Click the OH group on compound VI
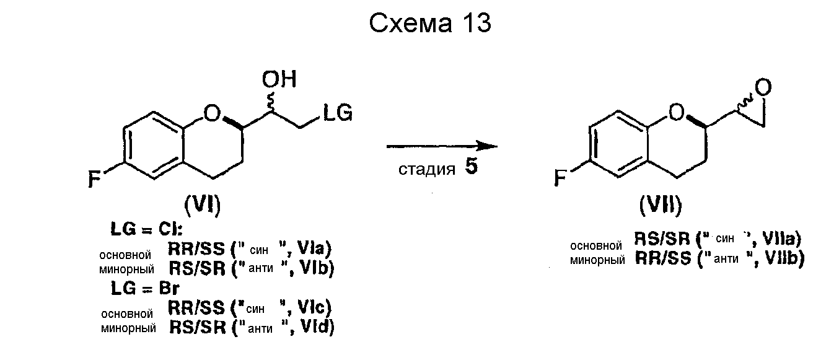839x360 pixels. click(x=279, y=79)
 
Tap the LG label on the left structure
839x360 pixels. click(x=336, y=113)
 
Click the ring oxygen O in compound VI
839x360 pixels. click(x=211, y=114)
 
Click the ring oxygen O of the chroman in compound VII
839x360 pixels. click(x=677, y=113)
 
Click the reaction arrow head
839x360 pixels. click(x=490, y=146)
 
